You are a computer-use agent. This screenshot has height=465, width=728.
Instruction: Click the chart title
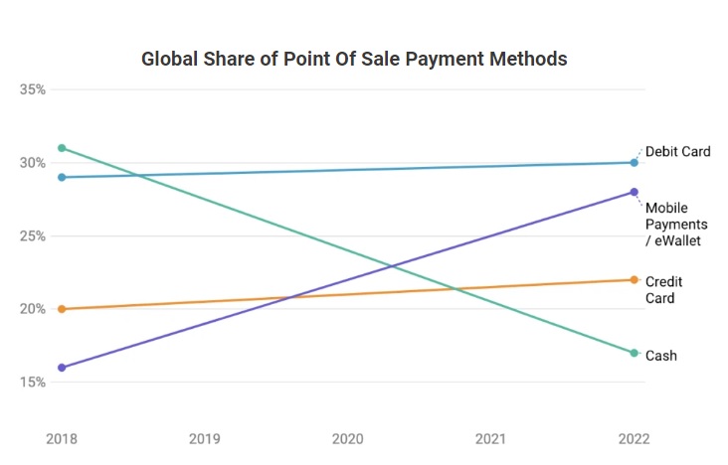coord(354,59)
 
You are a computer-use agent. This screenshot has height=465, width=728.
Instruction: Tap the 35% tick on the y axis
coord(33,89)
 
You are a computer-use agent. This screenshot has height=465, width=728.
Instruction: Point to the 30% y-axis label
coord(33,163)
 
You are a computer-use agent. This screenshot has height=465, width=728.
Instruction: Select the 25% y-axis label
coord(33,236)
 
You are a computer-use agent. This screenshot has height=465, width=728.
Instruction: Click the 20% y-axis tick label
coord(33,309)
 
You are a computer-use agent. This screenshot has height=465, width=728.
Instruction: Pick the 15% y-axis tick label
coord(33,383)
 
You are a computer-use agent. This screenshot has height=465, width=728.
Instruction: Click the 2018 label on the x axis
coord(62,437)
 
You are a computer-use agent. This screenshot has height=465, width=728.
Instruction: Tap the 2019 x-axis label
coord(205,437)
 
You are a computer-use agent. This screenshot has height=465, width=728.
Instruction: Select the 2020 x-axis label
coord(348,437)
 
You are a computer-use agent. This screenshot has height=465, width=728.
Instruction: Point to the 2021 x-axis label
coord(490,437)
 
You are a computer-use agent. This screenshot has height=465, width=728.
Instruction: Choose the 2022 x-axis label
coord(634,437)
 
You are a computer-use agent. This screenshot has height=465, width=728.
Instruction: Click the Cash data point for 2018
coord(62,148)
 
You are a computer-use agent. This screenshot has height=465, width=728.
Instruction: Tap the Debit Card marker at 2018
coord(62,177)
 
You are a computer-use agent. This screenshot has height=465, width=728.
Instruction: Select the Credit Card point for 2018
coord(62,309)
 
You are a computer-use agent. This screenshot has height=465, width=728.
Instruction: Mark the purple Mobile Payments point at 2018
coord(62,368)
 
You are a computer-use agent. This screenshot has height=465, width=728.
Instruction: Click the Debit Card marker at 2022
coord(634,163)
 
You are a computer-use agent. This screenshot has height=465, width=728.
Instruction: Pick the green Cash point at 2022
coord(634,353)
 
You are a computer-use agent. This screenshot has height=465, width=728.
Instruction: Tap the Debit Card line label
coord(678,151)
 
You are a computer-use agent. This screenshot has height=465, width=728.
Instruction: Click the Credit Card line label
coord(663,290)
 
